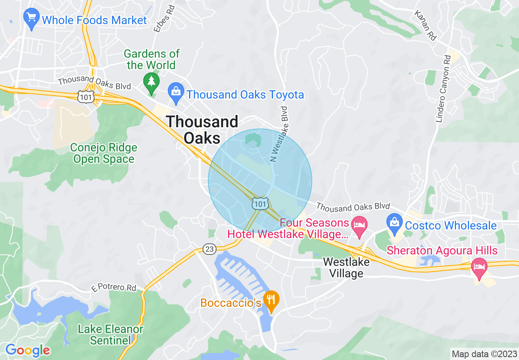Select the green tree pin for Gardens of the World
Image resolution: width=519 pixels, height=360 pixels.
click(152, 82)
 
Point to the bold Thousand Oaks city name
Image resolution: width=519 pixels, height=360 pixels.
click(202, 130)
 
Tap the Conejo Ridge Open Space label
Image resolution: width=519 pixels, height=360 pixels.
click(104, 153)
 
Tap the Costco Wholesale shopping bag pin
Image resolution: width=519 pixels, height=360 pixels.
click(394, 223)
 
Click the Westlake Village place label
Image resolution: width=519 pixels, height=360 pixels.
click(346, 268)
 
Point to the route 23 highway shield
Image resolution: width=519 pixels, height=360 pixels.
click(209, 248)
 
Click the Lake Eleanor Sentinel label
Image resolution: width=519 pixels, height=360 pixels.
click(111, 334)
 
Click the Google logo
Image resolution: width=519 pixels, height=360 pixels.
click(27, 350)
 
